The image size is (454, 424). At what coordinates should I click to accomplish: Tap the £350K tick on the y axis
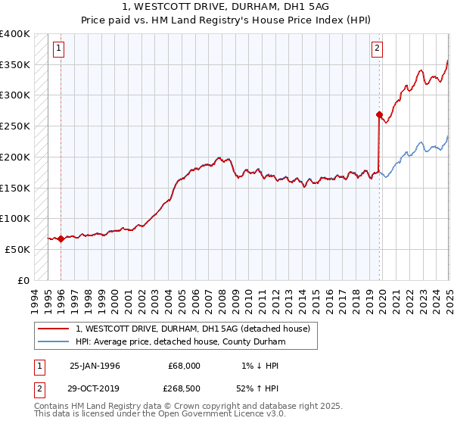pos(15,65)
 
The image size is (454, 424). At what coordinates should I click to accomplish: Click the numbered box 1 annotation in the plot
pos(60,50)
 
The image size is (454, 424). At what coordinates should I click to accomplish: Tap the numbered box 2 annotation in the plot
pos(378,50)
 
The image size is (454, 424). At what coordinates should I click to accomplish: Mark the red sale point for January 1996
pos(61,238)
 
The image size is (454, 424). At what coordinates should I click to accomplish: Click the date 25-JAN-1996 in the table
pos(95,366)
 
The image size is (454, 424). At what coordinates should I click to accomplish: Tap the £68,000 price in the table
pos(185,366)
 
